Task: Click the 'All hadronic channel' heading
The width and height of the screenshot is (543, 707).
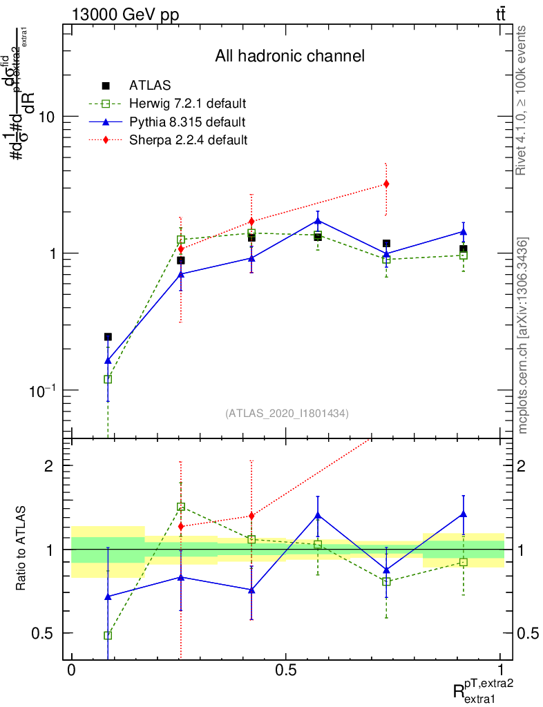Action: click(x=289, y=56)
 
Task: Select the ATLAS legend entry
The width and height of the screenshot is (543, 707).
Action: click(x=150, y=86)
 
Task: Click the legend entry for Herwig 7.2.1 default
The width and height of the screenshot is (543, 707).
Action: click(x=187, y=104)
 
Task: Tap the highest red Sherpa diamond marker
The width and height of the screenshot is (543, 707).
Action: click(x=386, y=184)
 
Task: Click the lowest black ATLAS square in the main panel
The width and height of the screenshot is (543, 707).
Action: click(x=108, y=337)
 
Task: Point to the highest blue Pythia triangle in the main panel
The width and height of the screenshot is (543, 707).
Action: click(x=318, y=221)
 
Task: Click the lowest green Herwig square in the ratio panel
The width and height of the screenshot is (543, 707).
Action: click(x=108, y=635)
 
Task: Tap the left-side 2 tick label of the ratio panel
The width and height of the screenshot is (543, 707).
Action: click(x=49, y=465)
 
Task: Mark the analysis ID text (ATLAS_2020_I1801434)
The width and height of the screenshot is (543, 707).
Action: click(x=287, y=414)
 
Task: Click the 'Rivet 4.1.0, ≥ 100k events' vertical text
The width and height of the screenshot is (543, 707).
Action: click(x=523, y=100)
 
